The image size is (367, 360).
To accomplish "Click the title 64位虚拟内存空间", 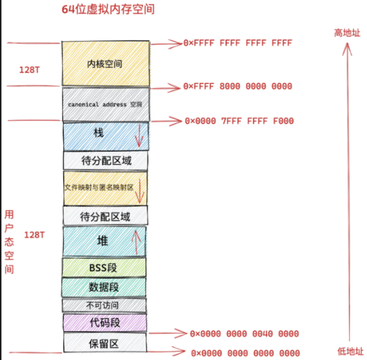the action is tap(108, 10).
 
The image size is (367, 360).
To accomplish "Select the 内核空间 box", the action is tap(105, 64).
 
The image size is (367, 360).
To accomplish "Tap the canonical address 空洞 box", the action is tap(105, 104).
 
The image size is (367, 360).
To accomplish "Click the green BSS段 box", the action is tap(103, 268).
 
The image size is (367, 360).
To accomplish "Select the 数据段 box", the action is tap(103, 287).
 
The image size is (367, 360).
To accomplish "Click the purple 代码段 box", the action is tap(103, 322).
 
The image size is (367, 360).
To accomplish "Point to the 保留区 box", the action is tap(103, 343).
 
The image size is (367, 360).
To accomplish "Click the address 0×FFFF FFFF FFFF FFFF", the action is tap(238, 43).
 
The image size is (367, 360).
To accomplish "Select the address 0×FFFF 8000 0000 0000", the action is tap(238, 87).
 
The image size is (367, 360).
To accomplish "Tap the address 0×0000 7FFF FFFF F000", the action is tap(239, 121).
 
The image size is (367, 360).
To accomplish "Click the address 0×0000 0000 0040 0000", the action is tap(244, 334).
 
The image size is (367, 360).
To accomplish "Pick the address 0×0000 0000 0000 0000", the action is tap(245, 353).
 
